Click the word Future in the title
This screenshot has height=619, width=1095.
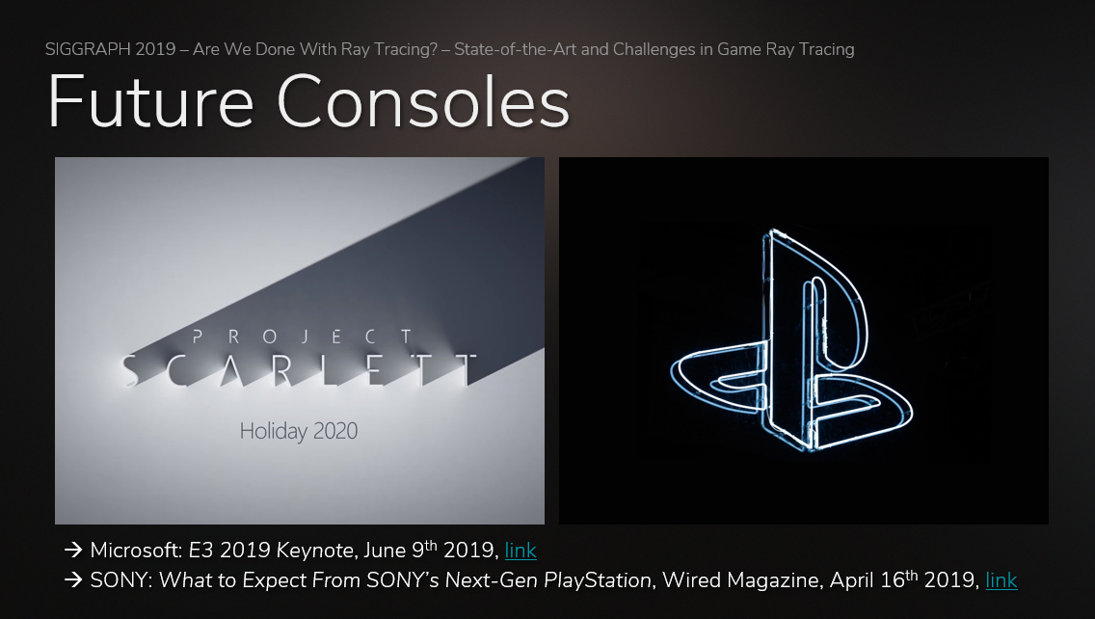pos(150,102)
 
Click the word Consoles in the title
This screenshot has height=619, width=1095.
pos(424,102)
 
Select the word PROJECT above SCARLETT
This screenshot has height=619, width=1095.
pos(302,336)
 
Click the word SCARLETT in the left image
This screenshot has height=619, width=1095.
pos(299,370)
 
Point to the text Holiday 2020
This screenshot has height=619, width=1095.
pos(299,431)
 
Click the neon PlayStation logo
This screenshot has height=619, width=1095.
pos(791,340)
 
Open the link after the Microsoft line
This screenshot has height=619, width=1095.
pos(521,551)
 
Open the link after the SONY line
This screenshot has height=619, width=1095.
pos(1002,580)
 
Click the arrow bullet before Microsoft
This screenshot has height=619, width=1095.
pos(73,551)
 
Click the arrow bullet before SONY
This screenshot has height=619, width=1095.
pos(73,580)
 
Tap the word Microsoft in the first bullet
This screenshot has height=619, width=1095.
pos(136,551)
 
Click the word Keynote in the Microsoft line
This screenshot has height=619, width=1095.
pos(318,551)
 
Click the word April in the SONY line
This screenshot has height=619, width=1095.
pos(850,580)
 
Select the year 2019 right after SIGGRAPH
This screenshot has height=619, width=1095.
pos(156,49)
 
